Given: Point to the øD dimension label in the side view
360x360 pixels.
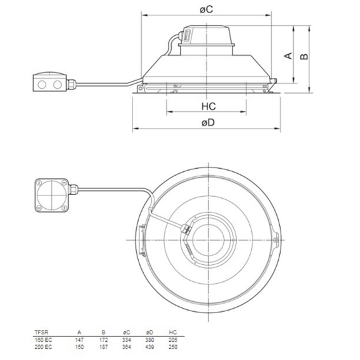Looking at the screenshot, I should (x=208, y=123).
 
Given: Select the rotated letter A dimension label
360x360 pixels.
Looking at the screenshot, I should (x=288, y=56).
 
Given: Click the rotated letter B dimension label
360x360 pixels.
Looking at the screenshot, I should (x=304, y=56).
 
